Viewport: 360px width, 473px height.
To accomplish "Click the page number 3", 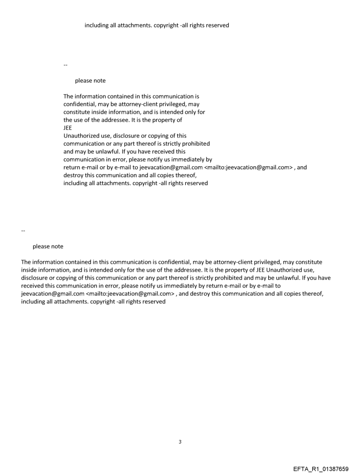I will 180,442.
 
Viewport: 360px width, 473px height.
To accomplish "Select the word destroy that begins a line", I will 74,175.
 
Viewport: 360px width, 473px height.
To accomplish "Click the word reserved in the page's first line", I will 217,25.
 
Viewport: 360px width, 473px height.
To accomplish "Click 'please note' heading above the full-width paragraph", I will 48,246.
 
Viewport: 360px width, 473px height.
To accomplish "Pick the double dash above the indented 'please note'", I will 65,65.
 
